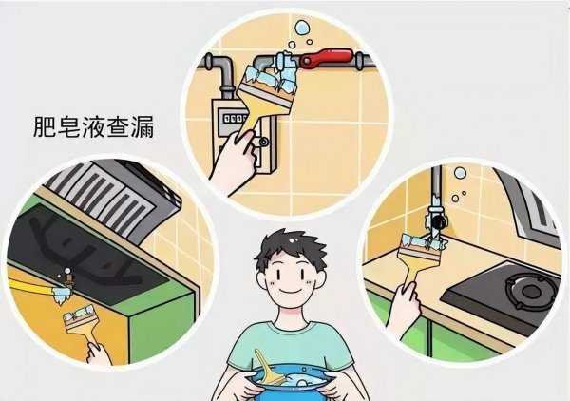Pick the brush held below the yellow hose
[79, 319]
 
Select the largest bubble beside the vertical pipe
[460, 174]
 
